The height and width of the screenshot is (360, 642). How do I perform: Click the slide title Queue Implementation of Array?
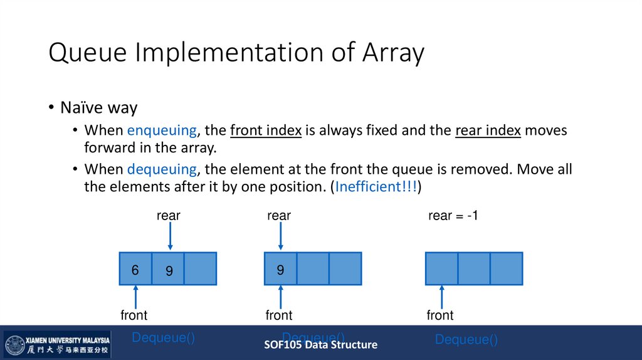click(x=236, y=53)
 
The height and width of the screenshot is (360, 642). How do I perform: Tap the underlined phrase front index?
click(x=266, y=131)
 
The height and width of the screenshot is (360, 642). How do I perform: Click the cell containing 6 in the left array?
click(x=135, y=269)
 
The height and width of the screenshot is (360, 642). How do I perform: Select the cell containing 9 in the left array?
click(x=168, y=269)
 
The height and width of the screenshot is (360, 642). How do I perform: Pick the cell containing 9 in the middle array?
click(x=281, y=269)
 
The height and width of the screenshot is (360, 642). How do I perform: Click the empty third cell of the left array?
click(x=200, y=269)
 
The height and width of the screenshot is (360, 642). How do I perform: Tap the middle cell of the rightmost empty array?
click(x=474, y=269)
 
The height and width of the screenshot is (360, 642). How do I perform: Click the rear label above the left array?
click(x=168, y=216)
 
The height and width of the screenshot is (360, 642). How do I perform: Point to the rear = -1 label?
click(x=453, y=216)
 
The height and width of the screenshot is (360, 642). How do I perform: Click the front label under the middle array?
click(x=279, y=315)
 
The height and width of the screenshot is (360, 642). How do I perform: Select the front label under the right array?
click(x=440, y=315)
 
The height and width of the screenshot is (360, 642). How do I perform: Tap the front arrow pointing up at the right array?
click(x=442, y=296)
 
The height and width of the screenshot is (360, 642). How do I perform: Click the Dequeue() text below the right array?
click(x=466, y=340)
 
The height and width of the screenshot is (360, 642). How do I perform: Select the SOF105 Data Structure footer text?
click(x=320, y=344)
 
